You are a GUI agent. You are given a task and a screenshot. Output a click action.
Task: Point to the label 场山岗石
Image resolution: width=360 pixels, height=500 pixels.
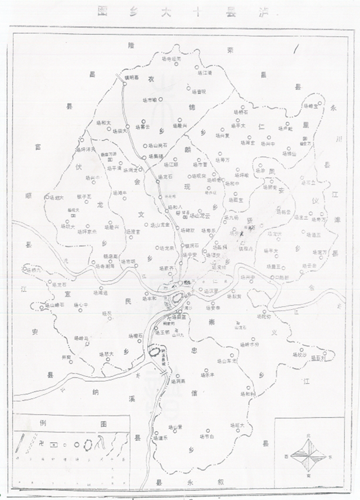click(158, 144)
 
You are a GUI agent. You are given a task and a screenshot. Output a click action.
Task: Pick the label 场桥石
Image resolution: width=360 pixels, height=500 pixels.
click(240, 112)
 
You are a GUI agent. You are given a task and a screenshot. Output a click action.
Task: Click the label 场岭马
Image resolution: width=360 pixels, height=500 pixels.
click(82, 338)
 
